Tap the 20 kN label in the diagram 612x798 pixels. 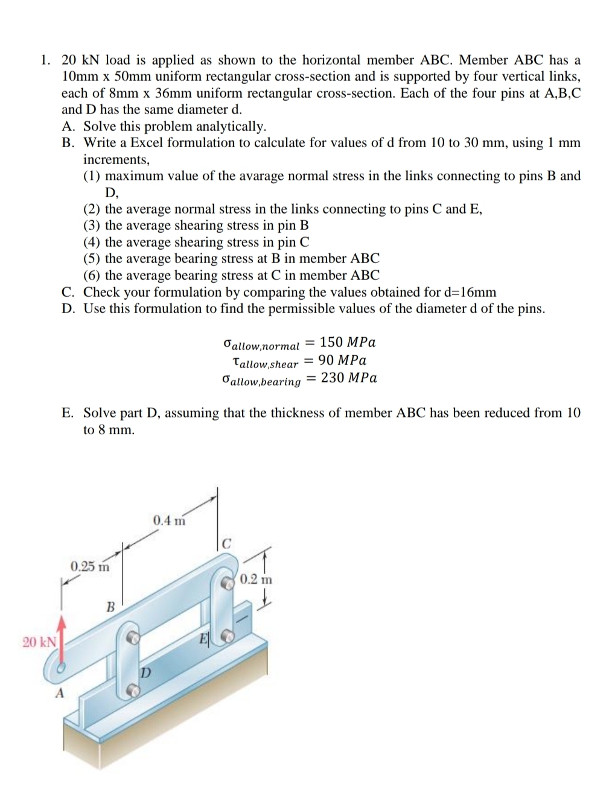tap(39, 641)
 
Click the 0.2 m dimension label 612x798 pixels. tap(256, 580)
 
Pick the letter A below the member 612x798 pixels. tap(59, 693)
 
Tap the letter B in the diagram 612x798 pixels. tap(110, 606)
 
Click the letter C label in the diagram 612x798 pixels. tap(226, 543)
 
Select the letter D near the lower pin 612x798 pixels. tap(145, 671)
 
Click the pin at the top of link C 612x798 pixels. tap(228, 583)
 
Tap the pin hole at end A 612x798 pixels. tap(61, 668)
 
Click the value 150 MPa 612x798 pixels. tap(348, 343)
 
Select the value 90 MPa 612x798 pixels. tap(342, 361)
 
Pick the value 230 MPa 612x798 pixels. tap(349, 378)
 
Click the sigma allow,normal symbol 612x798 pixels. tap(261, 345)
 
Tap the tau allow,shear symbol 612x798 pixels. tap(265, 363)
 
